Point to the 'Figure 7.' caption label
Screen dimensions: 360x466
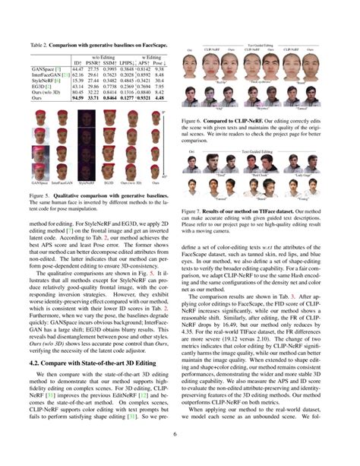(193, 208)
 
